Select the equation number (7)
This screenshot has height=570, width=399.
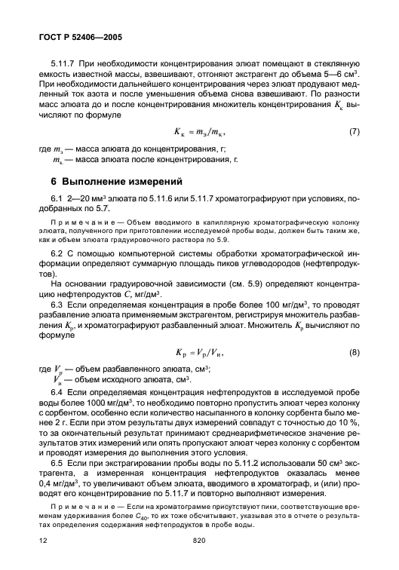[x=355, y=133]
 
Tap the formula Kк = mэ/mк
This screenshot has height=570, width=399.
[x=195, y=133]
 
